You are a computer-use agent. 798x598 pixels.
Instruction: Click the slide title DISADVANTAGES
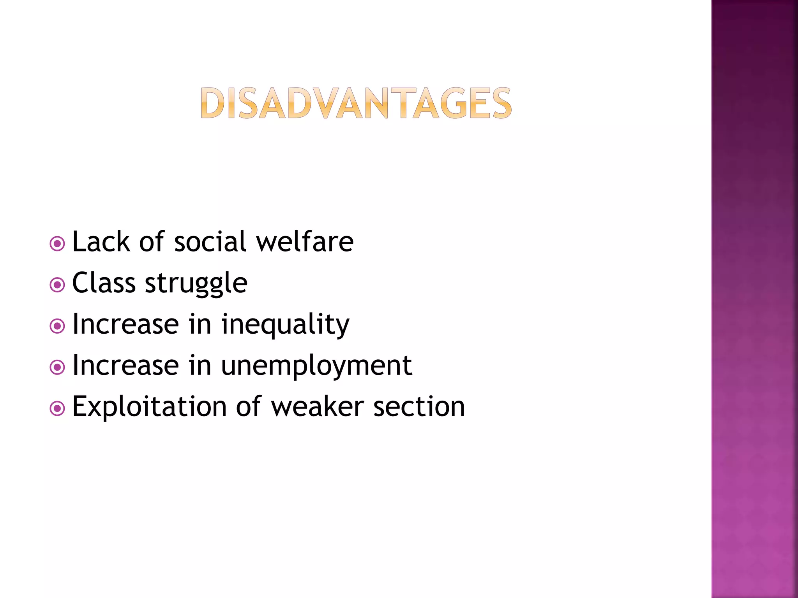[356, 103]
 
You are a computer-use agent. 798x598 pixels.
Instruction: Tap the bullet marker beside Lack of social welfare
[57, 244]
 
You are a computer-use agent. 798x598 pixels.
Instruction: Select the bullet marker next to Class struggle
[57, 285]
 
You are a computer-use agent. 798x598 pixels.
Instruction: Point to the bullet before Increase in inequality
[57, 326]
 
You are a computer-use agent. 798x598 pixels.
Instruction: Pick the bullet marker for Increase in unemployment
[57, 367]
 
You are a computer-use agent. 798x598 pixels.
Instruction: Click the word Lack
[101, 242]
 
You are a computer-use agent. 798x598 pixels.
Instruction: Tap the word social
[210, 242]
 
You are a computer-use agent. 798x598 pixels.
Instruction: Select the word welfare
[305, 242]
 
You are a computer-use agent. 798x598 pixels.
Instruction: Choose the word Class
[104, 283]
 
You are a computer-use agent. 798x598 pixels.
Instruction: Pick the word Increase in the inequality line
[126, 324]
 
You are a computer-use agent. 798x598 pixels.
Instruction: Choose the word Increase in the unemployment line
[126, 366]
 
